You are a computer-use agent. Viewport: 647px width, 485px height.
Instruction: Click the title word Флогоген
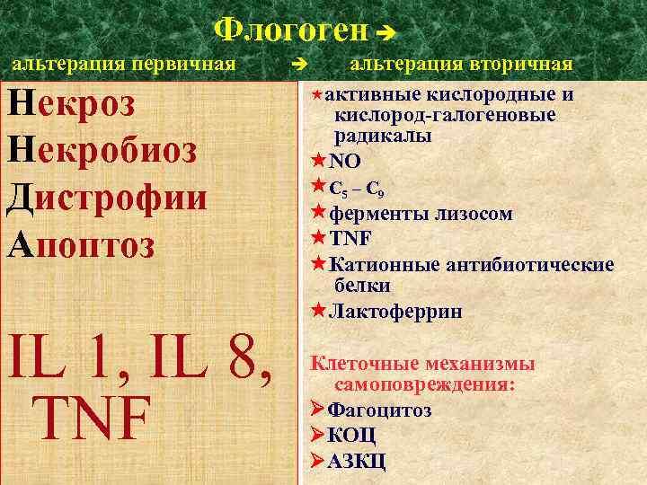coord(291,31)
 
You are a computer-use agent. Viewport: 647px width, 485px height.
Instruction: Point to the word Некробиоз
coord(101,150)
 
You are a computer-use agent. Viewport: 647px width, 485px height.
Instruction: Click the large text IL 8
coord(217,360)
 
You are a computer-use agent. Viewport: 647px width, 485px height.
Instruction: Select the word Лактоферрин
coord(395,312)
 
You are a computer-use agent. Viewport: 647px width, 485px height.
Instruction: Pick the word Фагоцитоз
coord(378,410)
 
